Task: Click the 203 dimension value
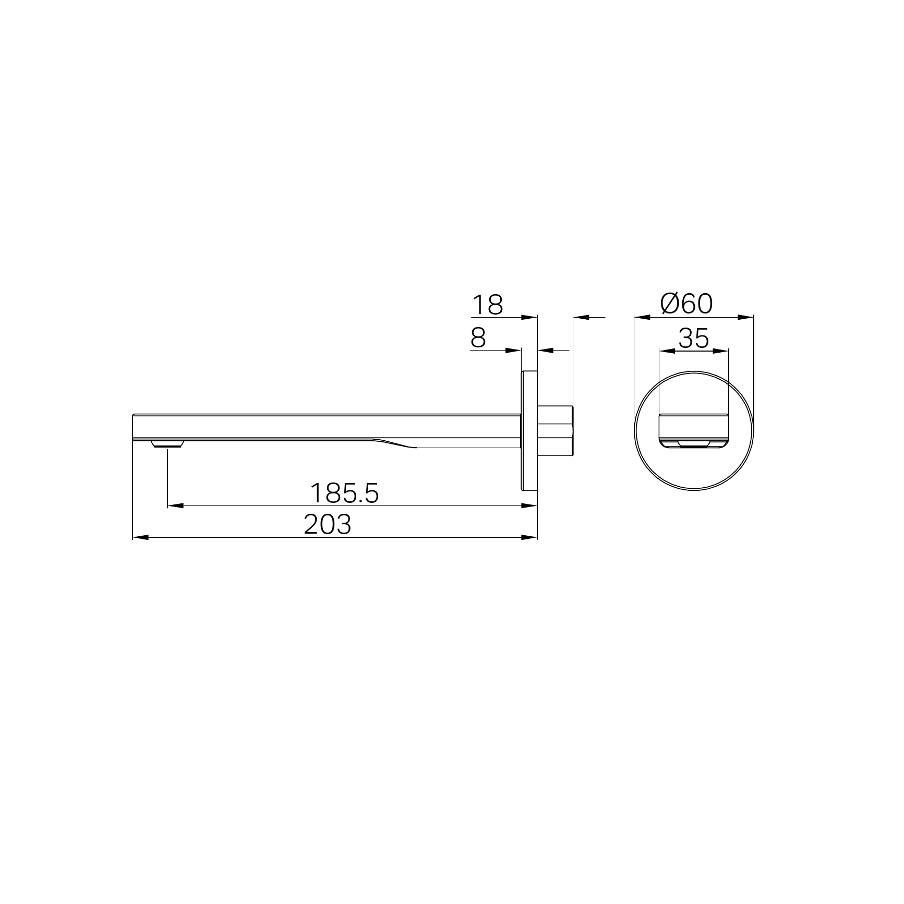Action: (328, 525)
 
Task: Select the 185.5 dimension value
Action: (344, 493)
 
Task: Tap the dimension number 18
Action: (487, 305)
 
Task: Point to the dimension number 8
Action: (478, 338)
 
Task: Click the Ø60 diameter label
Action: (686, 304)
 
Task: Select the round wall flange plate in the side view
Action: (529, 431)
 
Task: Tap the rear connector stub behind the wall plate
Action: (556, 431)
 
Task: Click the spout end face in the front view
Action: (694, 431)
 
